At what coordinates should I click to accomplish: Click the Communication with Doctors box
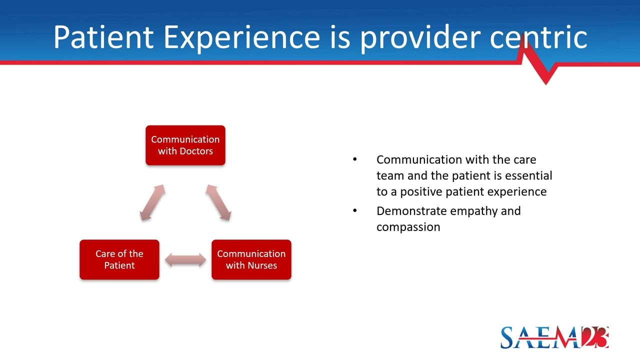[185, 145]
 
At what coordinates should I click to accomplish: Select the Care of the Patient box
[119, 259]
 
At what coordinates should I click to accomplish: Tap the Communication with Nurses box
[251, 259]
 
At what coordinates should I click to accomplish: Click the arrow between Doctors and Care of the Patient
[152, 202]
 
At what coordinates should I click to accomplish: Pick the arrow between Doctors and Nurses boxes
[218, 202]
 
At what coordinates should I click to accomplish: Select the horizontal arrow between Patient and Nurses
[185, 259]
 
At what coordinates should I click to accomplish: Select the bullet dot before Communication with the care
[355, 159]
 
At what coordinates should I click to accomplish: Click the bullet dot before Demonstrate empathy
[355, 210]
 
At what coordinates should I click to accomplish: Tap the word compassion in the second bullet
[408, 227]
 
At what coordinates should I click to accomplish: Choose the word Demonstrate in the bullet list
[411, 210]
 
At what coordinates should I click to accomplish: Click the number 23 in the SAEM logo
[594, 337]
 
